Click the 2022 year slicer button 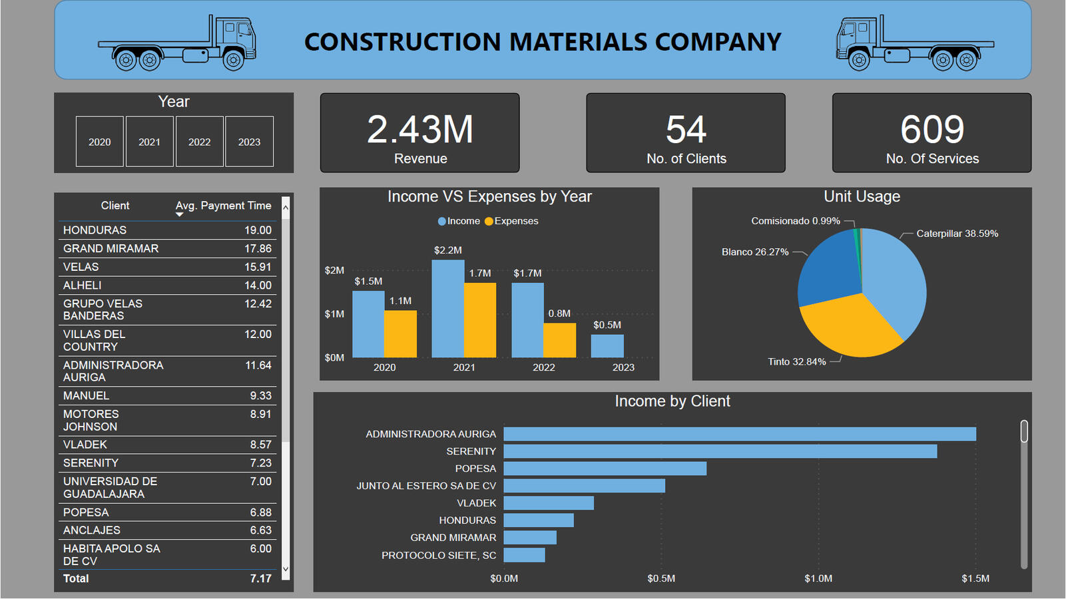click(199, 142)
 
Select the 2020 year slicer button click(100, 142)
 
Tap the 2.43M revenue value click(420, 130)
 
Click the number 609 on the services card click(932, 130)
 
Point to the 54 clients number click(686, 130)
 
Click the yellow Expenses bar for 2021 click(480, 320)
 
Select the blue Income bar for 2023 click(607, 346)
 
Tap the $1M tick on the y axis click(334, 314)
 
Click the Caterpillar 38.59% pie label click(957, 234)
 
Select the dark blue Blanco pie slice click(828, 270)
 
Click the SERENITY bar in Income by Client click(719, 451)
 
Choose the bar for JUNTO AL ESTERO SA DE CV click(584, 486)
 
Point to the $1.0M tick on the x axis click(818, 578)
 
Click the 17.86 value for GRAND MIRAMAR click(258, 248)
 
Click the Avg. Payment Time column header click(223, 206)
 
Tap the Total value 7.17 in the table click(260, 578)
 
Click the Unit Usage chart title click(862, 196)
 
